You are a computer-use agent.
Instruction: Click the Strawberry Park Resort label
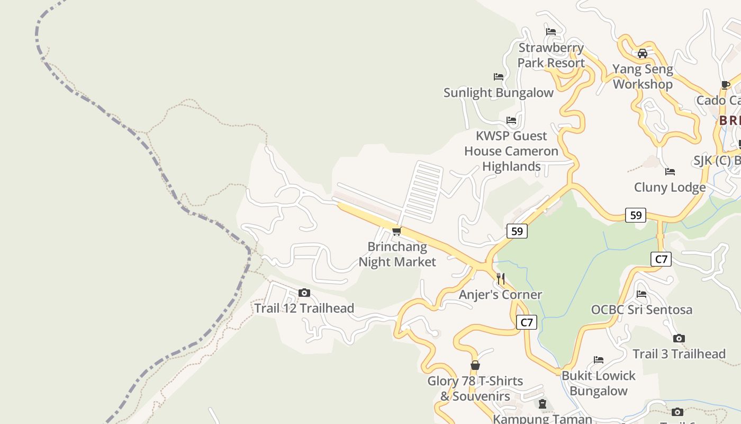pos(550,55)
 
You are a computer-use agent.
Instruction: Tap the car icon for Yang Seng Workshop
pos(642,54)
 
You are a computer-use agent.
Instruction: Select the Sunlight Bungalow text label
pos(498,93)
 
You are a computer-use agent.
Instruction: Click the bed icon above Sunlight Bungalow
pos(498,77)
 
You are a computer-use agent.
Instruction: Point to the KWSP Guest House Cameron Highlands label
pos(511,151)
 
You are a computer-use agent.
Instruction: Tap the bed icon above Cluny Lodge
pos(670,172)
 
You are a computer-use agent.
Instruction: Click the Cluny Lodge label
pos(670,188)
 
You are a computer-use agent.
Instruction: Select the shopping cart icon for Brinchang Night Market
pos(396,232)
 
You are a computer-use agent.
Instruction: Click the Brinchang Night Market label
pos(397,254)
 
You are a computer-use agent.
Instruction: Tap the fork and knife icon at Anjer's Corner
pos(501,278)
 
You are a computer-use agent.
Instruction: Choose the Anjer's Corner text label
pos(500,295)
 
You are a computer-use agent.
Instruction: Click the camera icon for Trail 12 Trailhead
pos(304,293)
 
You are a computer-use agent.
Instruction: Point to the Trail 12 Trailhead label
pos(304,308)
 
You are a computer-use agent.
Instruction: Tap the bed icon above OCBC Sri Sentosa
pos(641,294)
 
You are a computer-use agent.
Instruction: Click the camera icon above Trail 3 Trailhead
pos(679,338)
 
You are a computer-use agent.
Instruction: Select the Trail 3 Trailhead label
pos(679,354)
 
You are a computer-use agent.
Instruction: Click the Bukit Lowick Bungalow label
pos(598,383)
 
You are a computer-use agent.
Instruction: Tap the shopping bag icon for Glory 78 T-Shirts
pos(475,365)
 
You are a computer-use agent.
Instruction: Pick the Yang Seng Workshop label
pos(643,76)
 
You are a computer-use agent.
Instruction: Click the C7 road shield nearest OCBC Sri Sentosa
pos(661,259)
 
